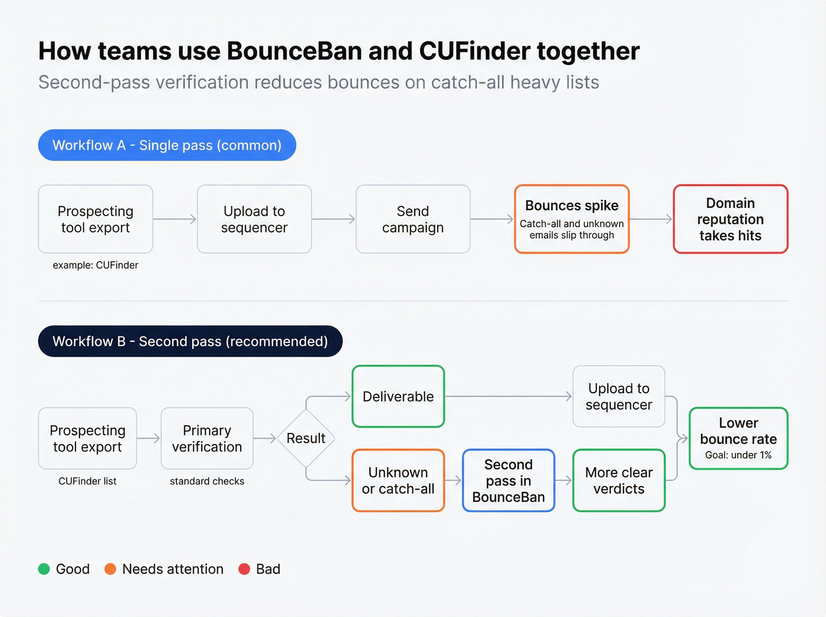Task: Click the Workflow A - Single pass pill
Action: pos(167,145)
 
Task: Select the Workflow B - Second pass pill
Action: pos(190,341)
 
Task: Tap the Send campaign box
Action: pos(413,219)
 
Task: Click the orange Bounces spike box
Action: pos(572,219)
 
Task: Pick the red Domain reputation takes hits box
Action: pos(730,219)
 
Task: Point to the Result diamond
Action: pos(306,438)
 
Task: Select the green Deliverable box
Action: pos(398,396)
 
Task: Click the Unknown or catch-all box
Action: pos(398,480)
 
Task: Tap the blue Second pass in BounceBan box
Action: pos(509,480)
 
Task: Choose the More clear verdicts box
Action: pos(619,480)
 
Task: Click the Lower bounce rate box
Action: pos(739,438)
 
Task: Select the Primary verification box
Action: pos(207,438)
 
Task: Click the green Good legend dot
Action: pos(44,569)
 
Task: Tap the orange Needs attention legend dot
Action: pos(110,569)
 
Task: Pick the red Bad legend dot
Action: pos(244,569)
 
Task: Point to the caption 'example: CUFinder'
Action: pos(96,265)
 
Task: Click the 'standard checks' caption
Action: pos(207,481)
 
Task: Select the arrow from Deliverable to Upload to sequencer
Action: pos(508,396)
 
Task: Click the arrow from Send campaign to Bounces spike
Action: pos(492,219)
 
